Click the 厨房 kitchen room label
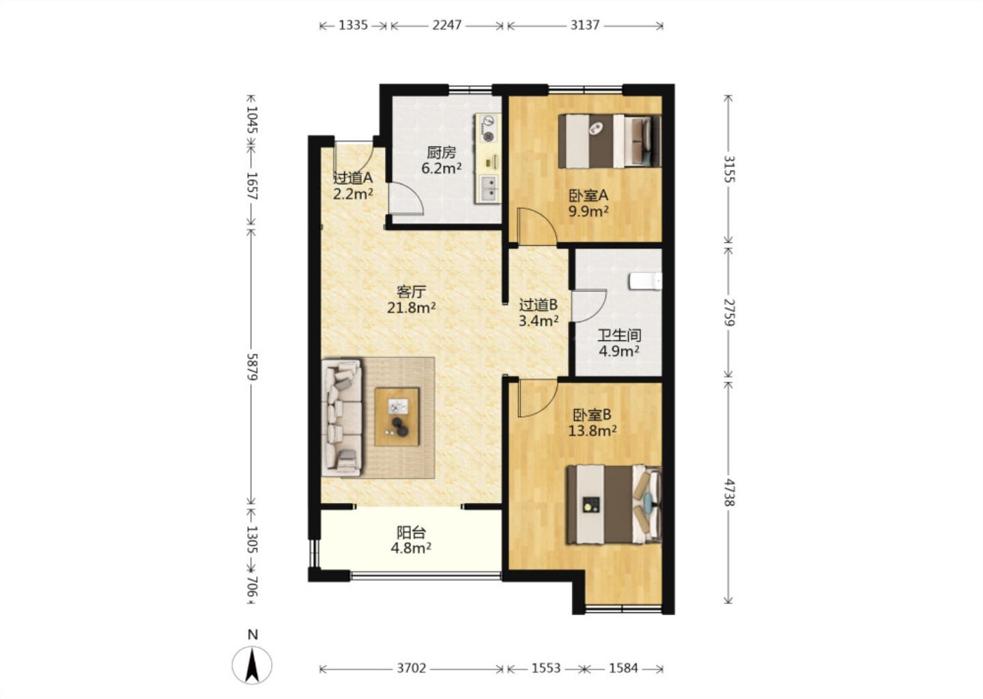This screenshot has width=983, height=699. pyautogui.click(x=442, y=152)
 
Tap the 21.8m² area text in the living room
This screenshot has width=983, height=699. pyautogui.click(x=411, y=308)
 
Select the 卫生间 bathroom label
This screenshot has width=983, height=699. pyautogui.click(x=619, y=336)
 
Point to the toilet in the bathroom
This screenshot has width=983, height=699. pyautogui.click(x=645, y=281)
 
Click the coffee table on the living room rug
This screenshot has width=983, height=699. pyautogui.click(x=397, y=416)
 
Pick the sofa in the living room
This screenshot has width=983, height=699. pyautogui.click(x=342, y=418)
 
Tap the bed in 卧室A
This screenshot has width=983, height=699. pyautogui.click(x=610, y=141)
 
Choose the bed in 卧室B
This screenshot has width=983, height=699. pyautogui.click(x=614, y=504)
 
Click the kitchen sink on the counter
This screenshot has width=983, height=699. pyautogui.click(x=487, y=188)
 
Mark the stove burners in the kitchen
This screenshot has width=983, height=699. pyautogui.click(x=488, y=128)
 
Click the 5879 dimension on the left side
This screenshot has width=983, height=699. pyautogui.click(x=252, y=367)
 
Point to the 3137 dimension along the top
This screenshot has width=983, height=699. pyautogui.click(x=585, y=25)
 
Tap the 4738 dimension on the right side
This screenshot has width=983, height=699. pyautogui.click(x=728, y=492)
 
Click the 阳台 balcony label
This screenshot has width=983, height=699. pyautogui.click(x=411, y=532)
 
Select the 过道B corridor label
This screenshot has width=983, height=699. pyautogui.click(x=539, y=304)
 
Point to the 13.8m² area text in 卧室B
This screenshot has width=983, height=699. pyautogui.click(x=593, y=431)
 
